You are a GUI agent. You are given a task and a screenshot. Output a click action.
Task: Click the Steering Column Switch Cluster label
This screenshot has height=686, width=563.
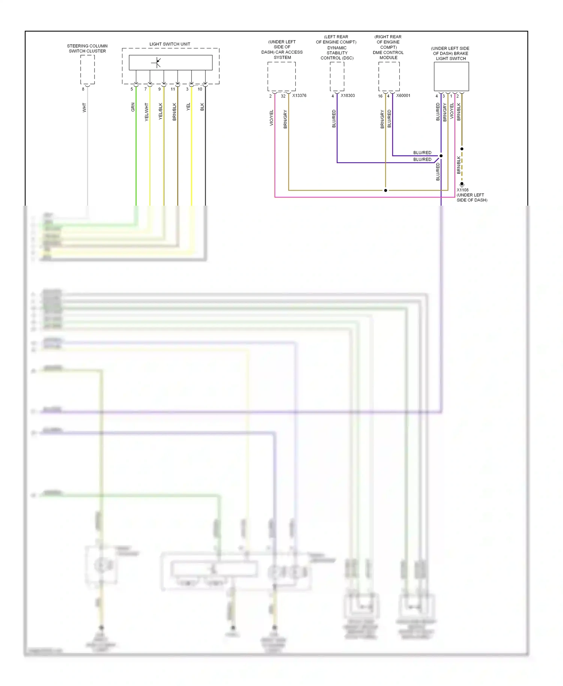[x=87, y=48]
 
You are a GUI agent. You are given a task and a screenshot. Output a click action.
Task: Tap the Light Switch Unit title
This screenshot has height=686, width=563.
[x=170, y=44]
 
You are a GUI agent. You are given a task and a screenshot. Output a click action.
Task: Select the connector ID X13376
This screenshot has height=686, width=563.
[x=299, y=96]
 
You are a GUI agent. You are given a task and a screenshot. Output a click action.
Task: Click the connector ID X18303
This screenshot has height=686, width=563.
[x=348, y=96]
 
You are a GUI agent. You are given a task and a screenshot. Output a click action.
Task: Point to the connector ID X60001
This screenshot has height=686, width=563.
[x=403, y=96]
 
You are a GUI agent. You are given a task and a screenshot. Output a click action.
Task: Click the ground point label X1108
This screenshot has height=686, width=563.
[x=462, y=190]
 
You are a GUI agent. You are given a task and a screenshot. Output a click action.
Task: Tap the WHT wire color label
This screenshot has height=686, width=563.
[x=84, y=108]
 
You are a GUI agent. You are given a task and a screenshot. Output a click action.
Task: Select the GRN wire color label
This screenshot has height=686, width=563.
[x=133, y=107]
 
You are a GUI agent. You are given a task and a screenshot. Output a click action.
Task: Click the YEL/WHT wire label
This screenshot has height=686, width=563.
[x=147, y=112]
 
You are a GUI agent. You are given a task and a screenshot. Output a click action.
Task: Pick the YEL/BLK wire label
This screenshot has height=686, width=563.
[x=161, y=111]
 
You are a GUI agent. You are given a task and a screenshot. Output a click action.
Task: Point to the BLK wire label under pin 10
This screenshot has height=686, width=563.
[x=202, y=107]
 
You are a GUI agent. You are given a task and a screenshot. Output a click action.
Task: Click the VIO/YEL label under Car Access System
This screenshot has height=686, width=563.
[x=271, y=118]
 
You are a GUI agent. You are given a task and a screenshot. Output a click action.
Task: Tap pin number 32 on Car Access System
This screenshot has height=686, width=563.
[x=283, y=96]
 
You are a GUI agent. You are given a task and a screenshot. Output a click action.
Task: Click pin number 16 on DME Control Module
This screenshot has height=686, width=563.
[x=380, y=96]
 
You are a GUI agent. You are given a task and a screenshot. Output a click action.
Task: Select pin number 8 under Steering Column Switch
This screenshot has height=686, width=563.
[x=83, y=89]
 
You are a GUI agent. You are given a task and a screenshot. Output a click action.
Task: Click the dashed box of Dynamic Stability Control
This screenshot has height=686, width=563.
[x=337, y=76]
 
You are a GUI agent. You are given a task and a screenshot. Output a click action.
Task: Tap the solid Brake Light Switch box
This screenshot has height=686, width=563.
[x=451, y=77]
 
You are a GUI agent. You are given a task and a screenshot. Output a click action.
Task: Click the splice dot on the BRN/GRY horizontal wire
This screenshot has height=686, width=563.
[x=385, y=190]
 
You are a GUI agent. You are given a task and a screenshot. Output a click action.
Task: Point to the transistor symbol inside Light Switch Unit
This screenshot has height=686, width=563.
[x=157, y=63]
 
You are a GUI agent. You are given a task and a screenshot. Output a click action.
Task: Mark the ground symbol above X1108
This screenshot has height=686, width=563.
[x=462, y=184]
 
